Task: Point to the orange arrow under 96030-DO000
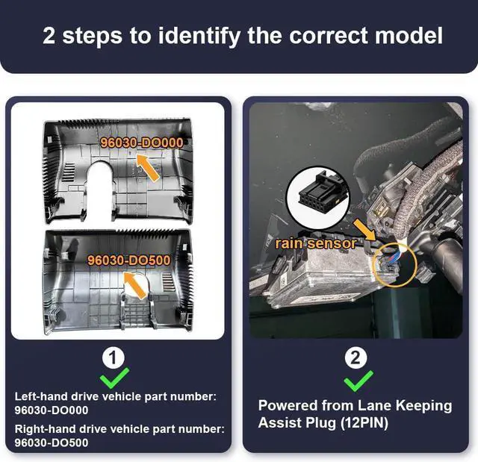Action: [x=149, y=168]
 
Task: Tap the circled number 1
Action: [x=113, y=358]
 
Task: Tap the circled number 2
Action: [x=355, y=358]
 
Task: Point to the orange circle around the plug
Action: [x=391, y=265]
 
